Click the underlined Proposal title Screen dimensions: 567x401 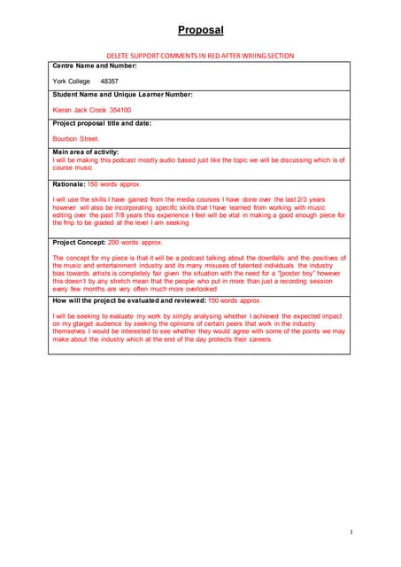(x=200, y=30)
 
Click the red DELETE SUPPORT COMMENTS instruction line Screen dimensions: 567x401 (x=200, y=55)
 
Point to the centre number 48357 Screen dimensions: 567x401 (x=111, y=81)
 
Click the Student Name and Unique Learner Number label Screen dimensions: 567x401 (x=122, y=94)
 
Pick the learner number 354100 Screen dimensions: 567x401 (x=120, y=110)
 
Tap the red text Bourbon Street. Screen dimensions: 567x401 (x=76, y=139)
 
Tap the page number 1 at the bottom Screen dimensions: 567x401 (x=351, y=532)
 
